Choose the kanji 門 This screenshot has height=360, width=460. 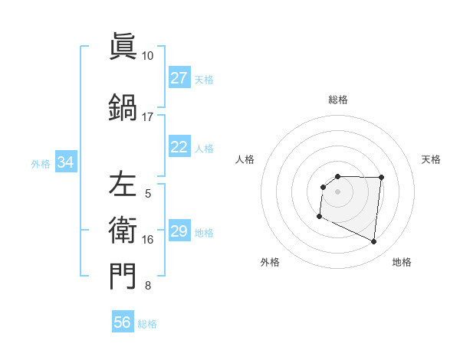coord(123,277)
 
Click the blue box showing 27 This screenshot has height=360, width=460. coord(179,78)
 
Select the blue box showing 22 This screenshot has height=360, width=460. coord(179,147)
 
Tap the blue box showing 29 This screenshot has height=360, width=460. coord(179,231)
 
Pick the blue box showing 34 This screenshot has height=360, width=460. coord(65,162)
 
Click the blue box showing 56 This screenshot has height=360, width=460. coord(123,322)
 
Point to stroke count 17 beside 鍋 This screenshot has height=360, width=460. coord(147,117)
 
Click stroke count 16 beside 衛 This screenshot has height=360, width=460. coord(148,240)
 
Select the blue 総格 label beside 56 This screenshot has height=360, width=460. coord(147,324)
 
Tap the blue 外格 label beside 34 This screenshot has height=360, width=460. coord(41,163)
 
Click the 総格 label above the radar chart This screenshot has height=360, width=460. coord(338,100)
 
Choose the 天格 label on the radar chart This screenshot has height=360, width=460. coord(432,159)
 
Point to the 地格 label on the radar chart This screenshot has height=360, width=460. coord(402,262)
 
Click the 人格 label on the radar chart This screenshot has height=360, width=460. coord(245,159)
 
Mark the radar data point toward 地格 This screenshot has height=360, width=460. coord(374,242)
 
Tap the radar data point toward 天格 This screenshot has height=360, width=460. coord(382,178)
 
